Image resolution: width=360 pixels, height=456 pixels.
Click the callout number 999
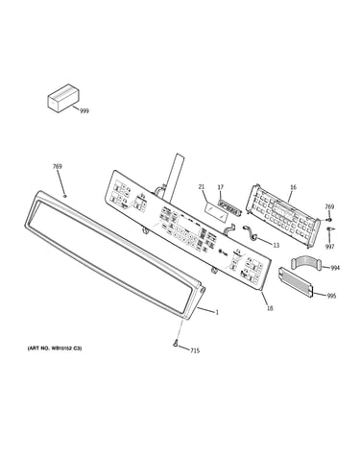pos(84,111)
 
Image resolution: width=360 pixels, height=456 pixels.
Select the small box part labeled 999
pos(63,98)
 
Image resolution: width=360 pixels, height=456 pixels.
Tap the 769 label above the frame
pos(58,166)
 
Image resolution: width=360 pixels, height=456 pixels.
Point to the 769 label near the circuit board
pos(329,206)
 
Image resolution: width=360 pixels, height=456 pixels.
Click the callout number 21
pos(202,187)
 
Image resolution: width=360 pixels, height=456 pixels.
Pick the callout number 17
pos(221,187)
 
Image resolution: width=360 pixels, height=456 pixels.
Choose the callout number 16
pos(293,187)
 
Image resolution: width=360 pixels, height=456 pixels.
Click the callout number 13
pos(276,245)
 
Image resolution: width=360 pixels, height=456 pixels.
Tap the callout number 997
pos(329,247)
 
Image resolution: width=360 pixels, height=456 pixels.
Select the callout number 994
pos(335,268)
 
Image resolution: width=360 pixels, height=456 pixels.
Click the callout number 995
pos(331,296)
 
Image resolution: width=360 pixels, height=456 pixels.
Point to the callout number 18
pos(270,308)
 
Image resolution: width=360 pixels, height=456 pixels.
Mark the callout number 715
pos(195,350)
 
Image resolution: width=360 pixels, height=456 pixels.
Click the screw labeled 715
pos(175,344)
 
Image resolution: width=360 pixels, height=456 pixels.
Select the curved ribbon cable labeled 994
pos(306,263)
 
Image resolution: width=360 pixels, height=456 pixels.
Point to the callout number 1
pos(217,312)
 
